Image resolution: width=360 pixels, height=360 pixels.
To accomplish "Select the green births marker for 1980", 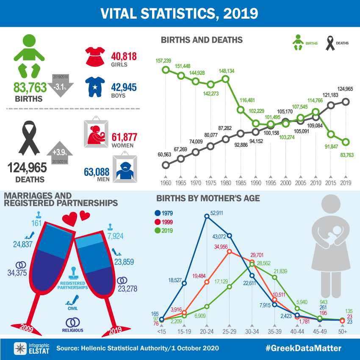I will coord(225,79).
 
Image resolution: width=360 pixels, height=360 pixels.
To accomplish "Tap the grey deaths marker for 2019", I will coord(346,101).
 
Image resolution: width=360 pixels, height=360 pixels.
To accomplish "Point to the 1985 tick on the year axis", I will coord(241,184).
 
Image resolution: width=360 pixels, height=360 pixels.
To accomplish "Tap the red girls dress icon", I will coord(96,56).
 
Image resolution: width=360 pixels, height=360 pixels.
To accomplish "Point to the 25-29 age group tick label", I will coord(229,331).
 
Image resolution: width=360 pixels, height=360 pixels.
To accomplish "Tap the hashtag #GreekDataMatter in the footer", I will coord(303,348).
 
